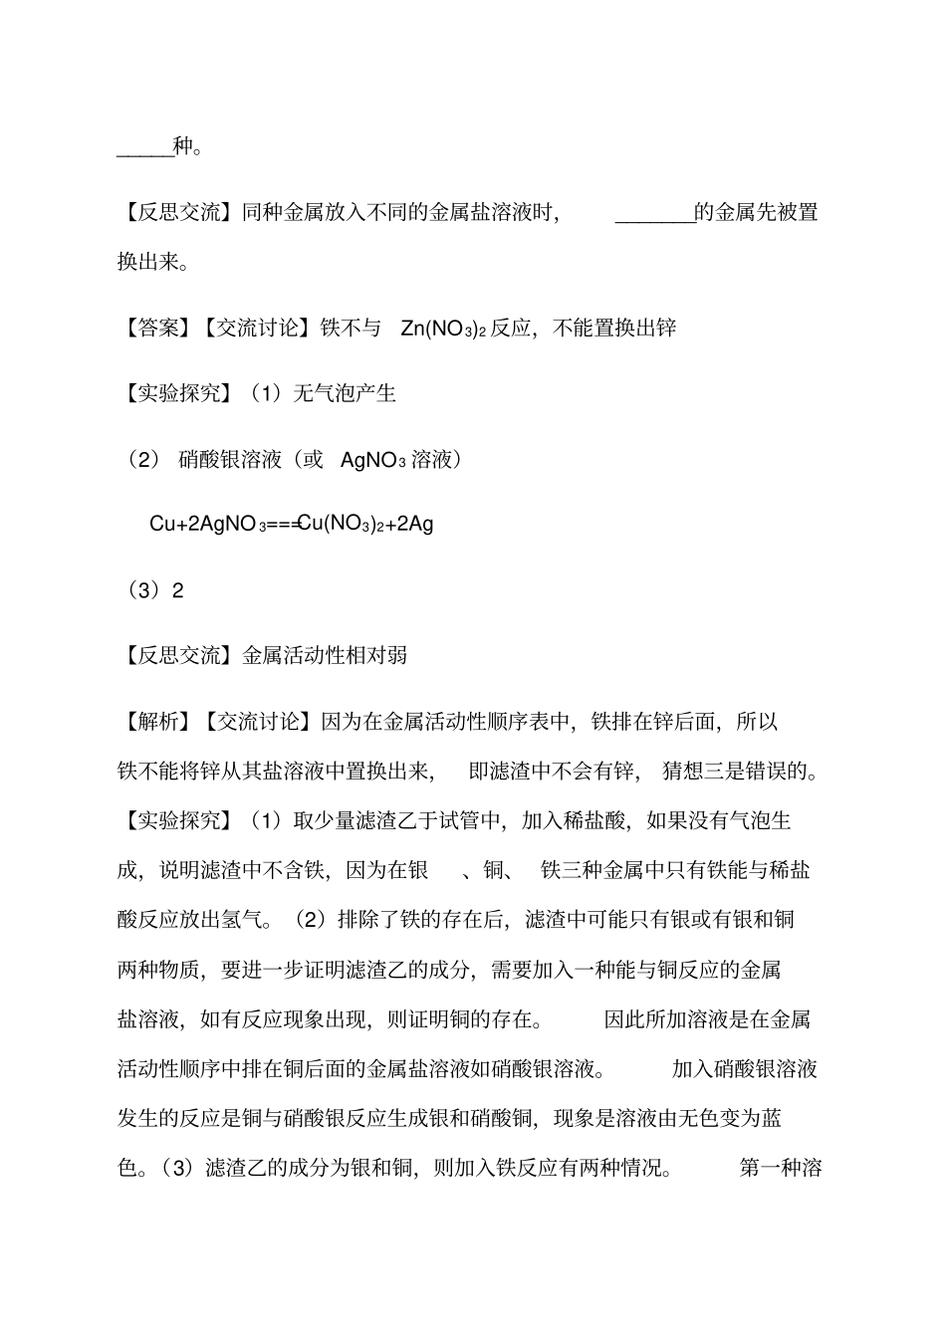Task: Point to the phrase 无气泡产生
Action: click(x=345, y=393)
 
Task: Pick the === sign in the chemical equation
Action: click(x=283, y=524)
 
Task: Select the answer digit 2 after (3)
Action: click(x=178, y=590)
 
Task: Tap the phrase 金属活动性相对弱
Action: click(x=325, y=655)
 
